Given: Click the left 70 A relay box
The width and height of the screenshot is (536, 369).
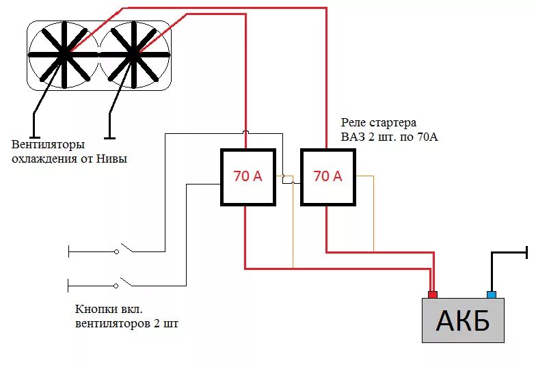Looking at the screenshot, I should click(247, 176).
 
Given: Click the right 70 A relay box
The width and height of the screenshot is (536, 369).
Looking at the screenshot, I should click(327, 176).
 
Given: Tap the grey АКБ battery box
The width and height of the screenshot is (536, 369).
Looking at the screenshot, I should click(463, 320).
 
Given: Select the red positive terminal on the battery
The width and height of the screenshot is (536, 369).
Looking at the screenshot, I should click(432, 295).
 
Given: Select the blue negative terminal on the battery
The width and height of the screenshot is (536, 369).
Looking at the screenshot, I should click(491, 295).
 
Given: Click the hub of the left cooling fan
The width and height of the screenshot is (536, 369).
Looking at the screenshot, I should click(65, 53).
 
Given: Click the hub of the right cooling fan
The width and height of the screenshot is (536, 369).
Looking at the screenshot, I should click(133, 53).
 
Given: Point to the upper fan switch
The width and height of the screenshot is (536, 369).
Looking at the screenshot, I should click(124, 250).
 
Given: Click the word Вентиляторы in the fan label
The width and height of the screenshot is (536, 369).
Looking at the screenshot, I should click(48, 145).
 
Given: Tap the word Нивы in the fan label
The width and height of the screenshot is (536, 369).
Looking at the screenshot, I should click(113, 159).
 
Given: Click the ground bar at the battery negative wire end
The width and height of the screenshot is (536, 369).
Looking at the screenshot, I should click(527, 252).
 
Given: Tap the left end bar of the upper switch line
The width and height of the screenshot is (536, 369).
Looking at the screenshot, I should click(68, 251).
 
